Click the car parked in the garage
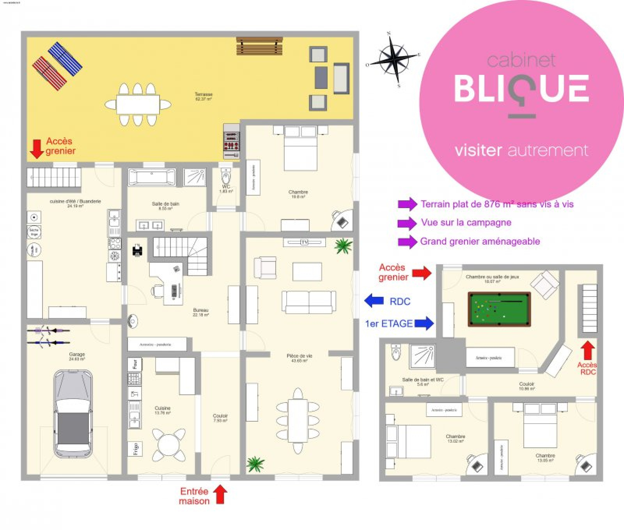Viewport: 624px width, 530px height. point(73,413)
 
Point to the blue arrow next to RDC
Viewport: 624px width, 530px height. point(374,300)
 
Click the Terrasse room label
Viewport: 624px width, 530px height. point(204,96)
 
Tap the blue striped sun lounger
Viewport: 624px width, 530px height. point(65,59)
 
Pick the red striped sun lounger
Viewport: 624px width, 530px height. point(50,73)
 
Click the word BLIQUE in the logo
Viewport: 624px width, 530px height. point(521,89)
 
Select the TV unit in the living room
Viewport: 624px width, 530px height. point(304,242)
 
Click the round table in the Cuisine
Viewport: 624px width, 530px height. point(168,444)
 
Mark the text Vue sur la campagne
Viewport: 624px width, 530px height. point(466,223)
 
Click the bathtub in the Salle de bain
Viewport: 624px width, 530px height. point(152,177)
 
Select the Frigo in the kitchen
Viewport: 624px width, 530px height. point(135,448)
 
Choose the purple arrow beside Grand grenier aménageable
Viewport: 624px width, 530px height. point(407,242)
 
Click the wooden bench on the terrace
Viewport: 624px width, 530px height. point(259,46)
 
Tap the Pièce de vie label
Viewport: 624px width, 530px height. point(299,358)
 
